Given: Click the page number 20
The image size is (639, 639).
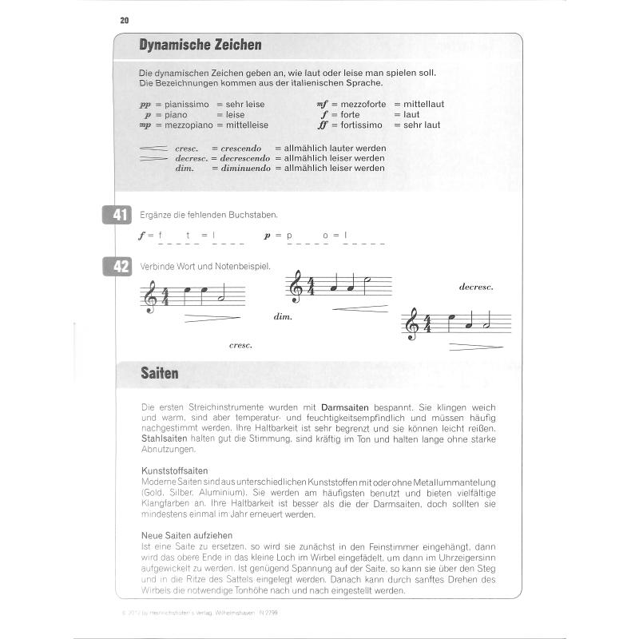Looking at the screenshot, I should pyautogui.click(x=125, y=20).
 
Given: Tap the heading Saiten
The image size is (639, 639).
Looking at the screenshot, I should pyautogui.click(x=159, y=372).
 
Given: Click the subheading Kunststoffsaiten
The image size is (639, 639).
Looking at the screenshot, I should pyautogui.click(x=174, y=471).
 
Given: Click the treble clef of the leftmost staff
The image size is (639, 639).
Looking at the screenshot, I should pyautogui.click(x=149, y=297).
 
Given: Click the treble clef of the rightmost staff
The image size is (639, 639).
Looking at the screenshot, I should pyautogui.click(x=412, y=323).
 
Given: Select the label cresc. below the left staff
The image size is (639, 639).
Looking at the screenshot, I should pyautogui.click(x=240, y=345).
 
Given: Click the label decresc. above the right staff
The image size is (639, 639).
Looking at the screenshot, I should pyautogui.click(x=477, y=286).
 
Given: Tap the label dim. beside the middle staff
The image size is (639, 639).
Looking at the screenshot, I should pyautogui.click(x=283, y=316).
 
